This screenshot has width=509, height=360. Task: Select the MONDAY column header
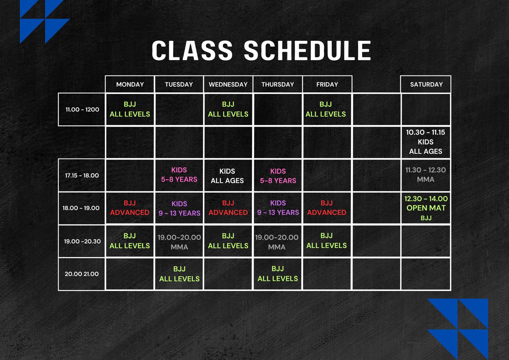click(x=130, y=84)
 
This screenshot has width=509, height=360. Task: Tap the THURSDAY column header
click(x=278, y=84)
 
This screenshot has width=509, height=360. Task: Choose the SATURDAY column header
click(x=426, y=84)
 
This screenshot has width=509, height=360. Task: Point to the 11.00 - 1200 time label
click(x=82, y=109)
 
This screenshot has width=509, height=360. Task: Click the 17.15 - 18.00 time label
click(x=82, y=175)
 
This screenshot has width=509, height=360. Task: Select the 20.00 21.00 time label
click(x=81, y=274)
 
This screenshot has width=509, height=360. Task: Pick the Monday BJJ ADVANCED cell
click(x=130, y=208)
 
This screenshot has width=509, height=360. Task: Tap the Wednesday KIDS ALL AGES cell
click(x=228, y=176)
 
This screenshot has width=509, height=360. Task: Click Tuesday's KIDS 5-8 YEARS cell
click(x=179, y=175)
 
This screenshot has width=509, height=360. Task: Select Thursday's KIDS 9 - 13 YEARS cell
click(x=278, y=208)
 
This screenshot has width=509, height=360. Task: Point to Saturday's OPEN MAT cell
click(x=426, y=208)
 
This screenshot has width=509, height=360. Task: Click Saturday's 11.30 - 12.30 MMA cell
click(x=426, y=175)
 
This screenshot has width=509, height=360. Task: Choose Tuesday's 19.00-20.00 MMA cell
click(x=179, y=242)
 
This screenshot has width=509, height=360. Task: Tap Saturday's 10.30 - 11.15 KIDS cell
click(x=426, y=142)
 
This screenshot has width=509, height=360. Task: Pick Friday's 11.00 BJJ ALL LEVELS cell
click(x=327, y=109)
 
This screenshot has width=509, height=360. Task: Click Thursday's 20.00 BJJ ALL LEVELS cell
click(x=278, y=274)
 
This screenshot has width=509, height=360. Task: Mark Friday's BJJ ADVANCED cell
click(x=327, y=208)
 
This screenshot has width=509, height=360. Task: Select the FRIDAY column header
click(x=327, y=84)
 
